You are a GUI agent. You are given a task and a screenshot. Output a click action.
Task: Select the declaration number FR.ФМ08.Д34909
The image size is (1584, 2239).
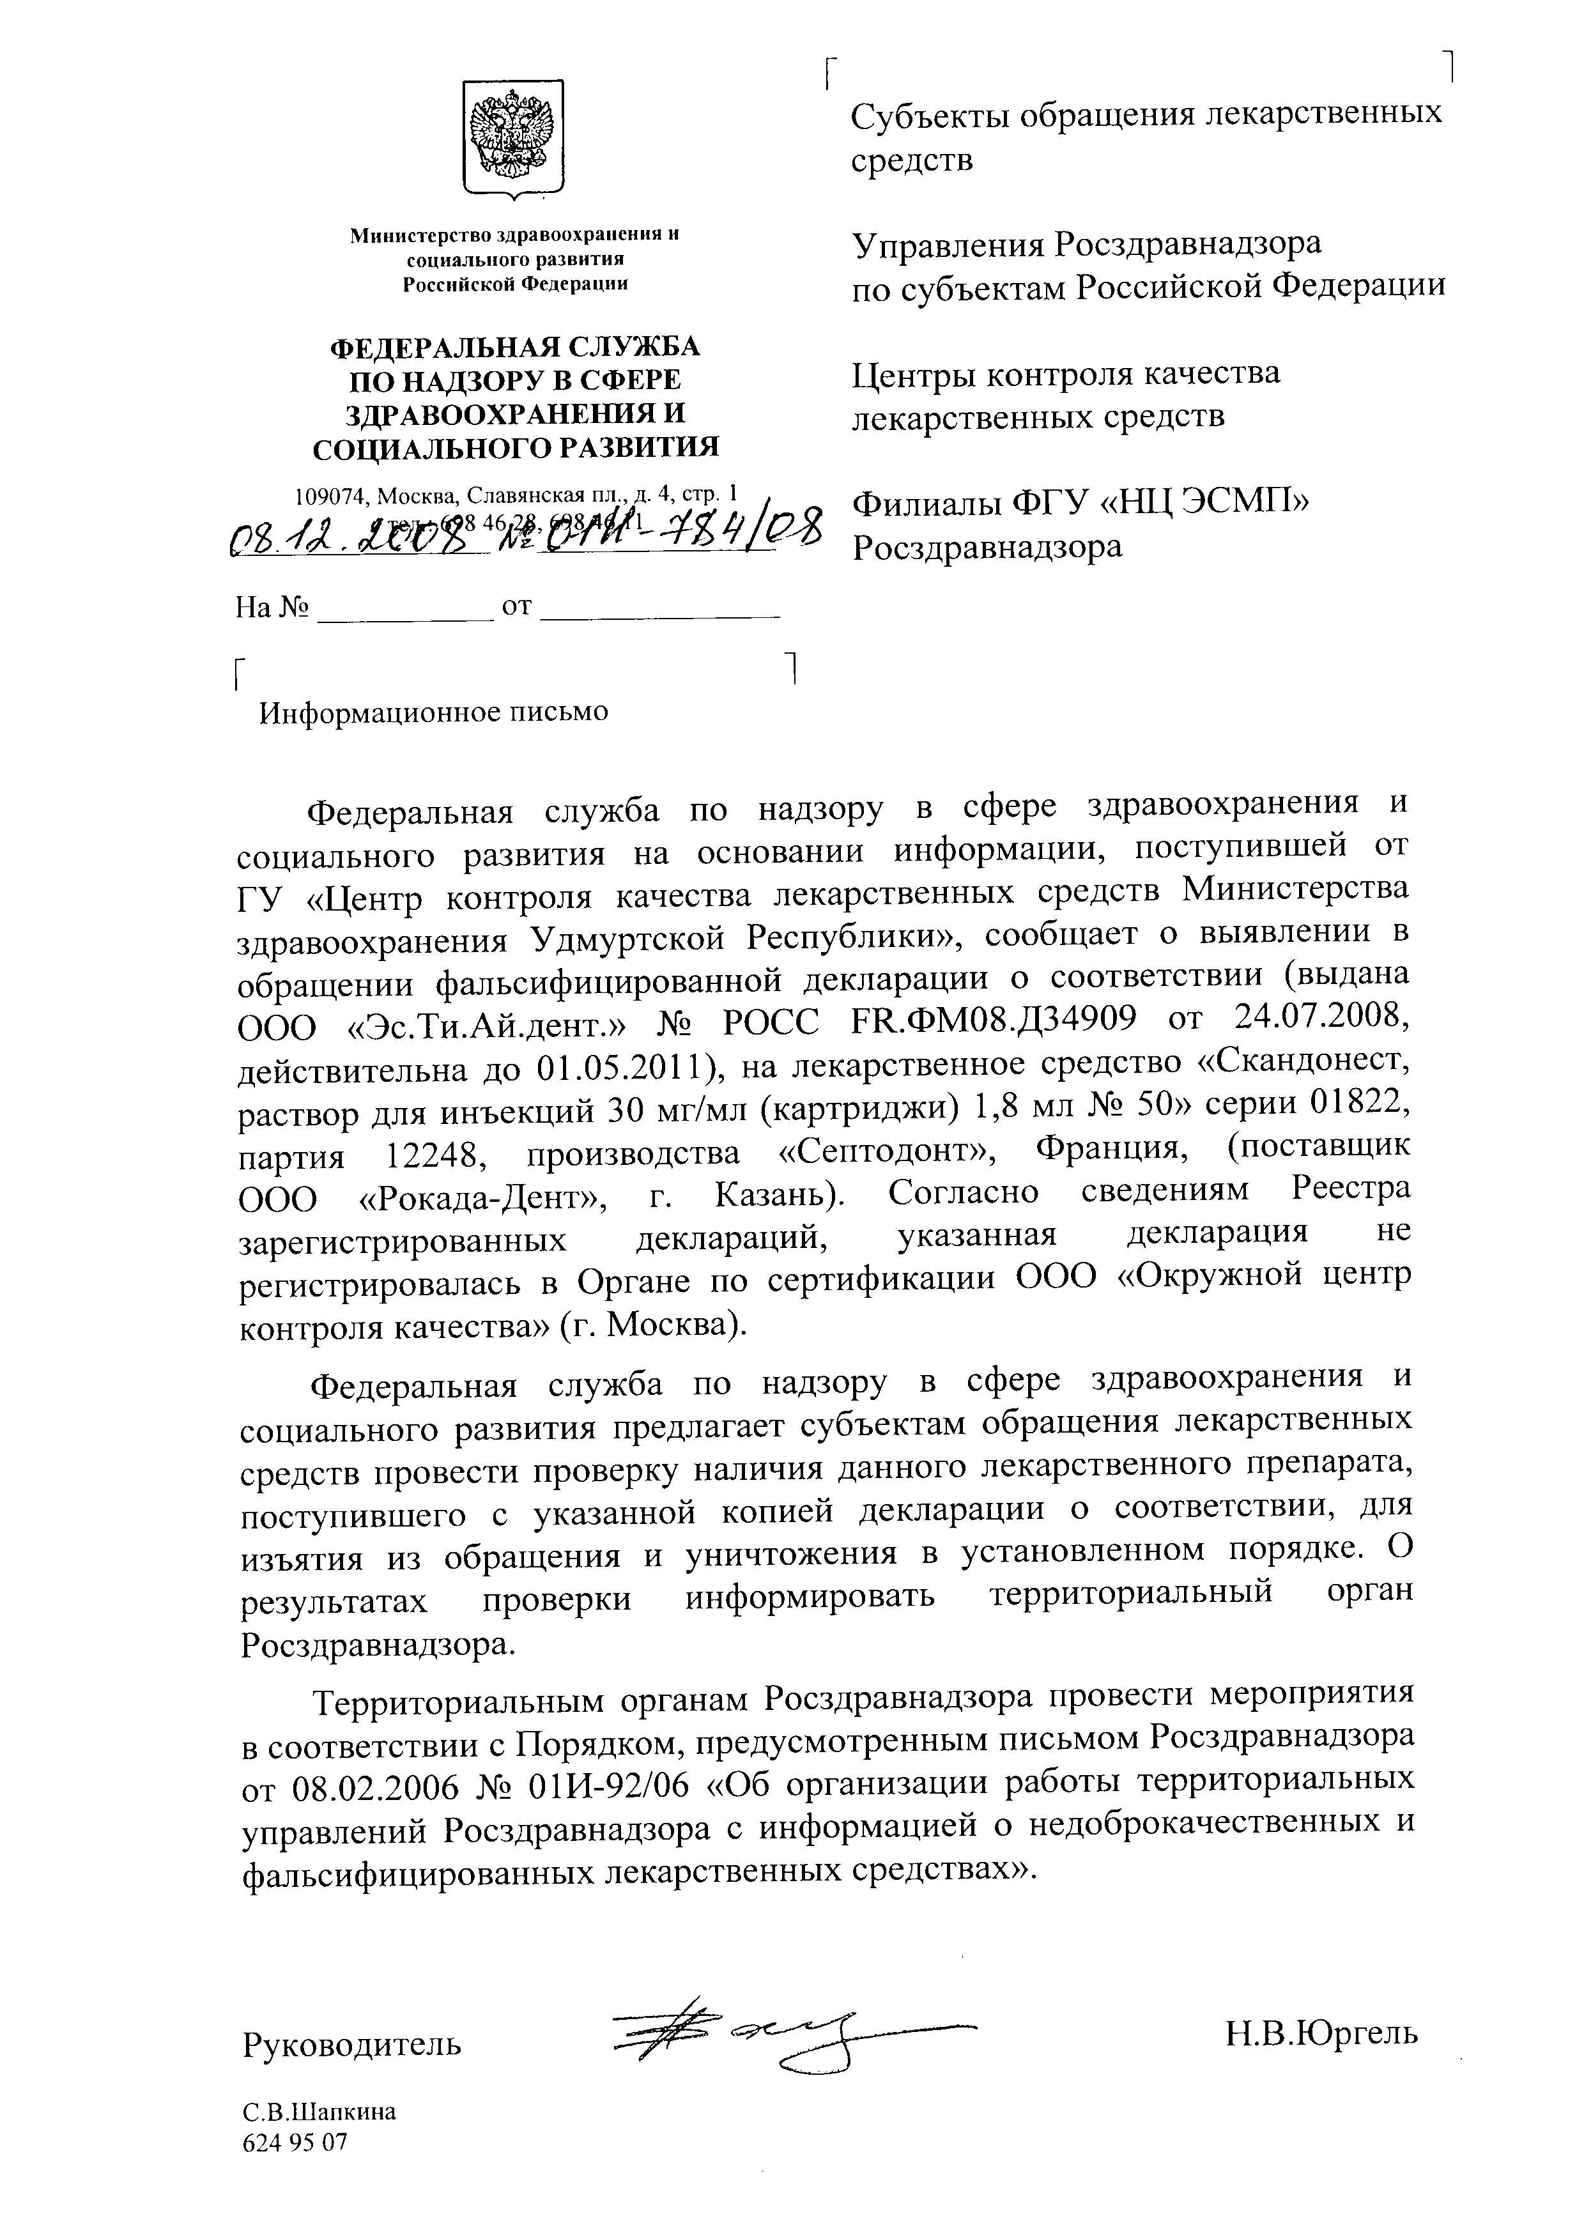click(993, 1020)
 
